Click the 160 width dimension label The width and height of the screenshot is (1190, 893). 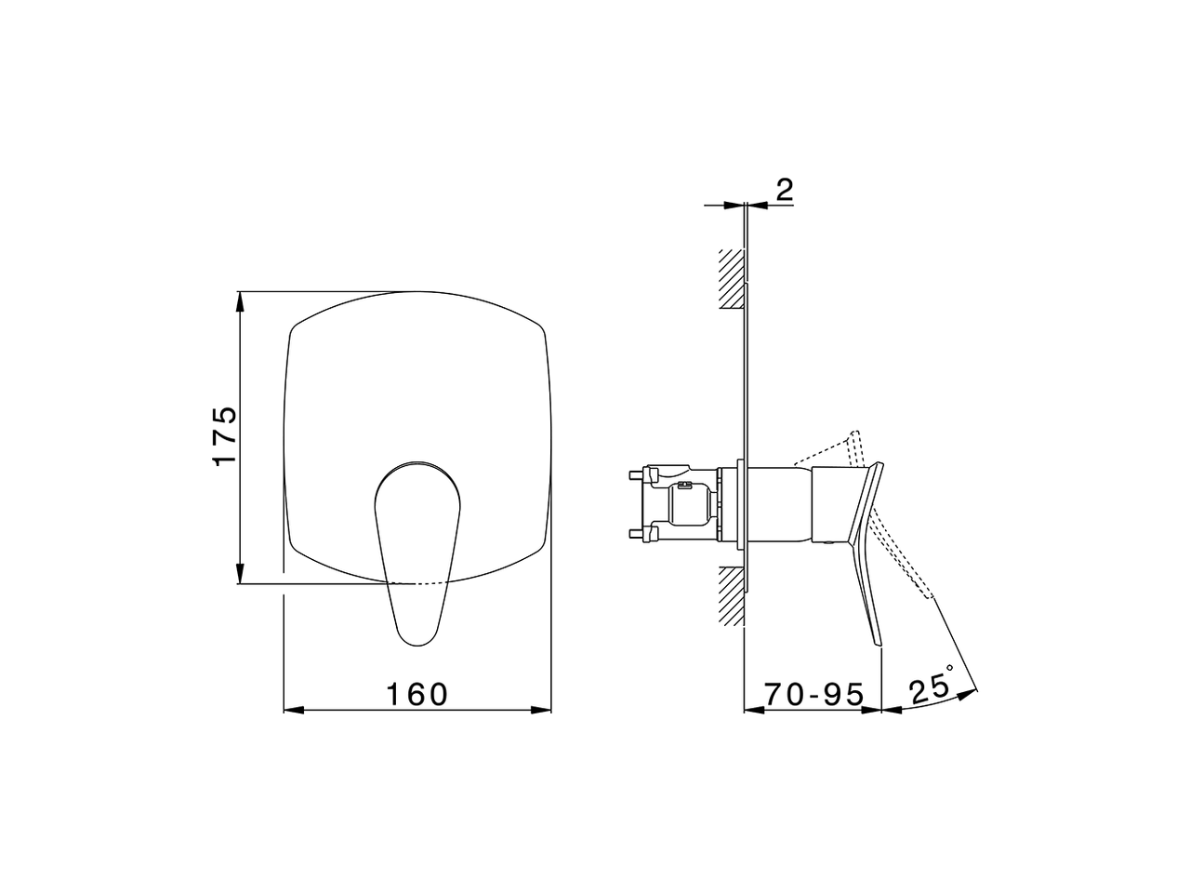pyautogui.click(x=417, y=694)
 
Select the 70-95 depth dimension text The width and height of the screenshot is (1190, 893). pyautogui.click(x=814, y=694)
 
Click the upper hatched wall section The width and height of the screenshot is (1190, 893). pyautogui.click(x=732, y=278)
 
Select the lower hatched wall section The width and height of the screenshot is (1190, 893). pyautogui.click(x=732, y=596)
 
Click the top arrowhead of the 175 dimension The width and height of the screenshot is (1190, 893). pyautogui.click(x=241, y=300)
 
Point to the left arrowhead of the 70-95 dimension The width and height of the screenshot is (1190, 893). pyautogui.click(x=754, y=711)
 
